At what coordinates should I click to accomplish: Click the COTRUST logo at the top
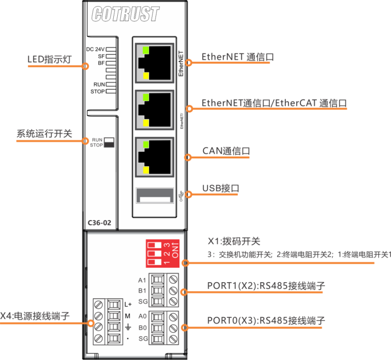tap(125, 14)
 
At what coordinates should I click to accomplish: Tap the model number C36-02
tap(99, 223)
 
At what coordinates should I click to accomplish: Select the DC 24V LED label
tap(95, 49)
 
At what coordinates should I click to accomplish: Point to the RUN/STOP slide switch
tap(109, 142)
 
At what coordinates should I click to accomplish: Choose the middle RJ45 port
tap(153, 109)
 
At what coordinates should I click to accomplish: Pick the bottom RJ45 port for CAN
tap(153, 157)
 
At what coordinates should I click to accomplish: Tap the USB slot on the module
tap(154, 195)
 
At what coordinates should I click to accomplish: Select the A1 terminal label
tap(142, 280)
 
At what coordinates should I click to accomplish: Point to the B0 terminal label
tap(142, 327)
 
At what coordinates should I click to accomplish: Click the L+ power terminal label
tap(128, 304)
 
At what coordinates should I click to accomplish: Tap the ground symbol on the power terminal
tap(128, 327)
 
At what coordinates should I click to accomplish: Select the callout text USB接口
tap(221, 188)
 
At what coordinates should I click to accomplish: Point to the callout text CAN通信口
tap(226, 151)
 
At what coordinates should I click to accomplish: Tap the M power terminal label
tap(128, 316)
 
